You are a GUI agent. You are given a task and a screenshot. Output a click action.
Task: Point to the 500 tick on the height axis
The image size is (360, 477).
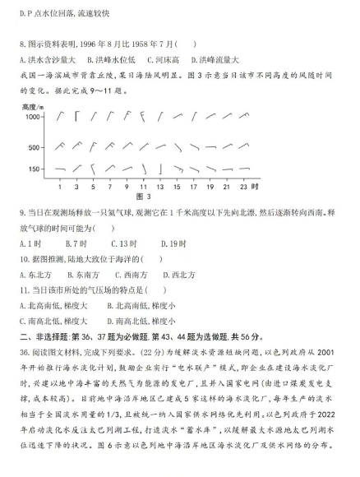click(x=33, y=147)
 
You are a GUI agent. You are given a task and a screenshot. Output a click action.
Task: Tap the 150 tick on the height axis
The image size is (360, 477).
click(x=33, y=169)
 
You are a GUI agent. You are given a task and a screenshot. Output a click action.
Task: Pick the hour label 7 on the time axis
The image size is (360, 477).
click(x=107, y=187)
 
